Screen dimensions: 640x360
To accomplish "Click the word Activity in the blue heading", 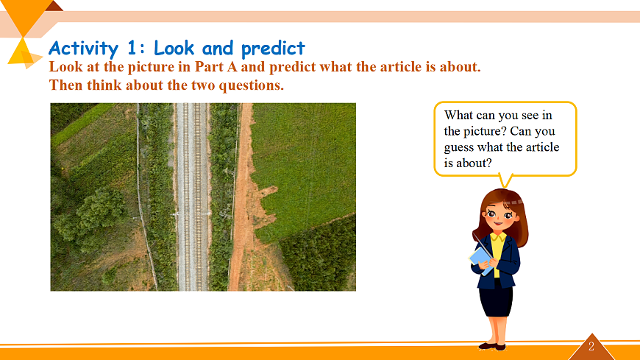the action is tap(83, 49).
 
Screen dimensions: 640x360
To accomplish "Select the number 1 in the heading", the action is tap(132, 48).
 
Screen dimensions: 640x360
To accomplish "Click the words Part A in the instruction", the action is tap(216, 66).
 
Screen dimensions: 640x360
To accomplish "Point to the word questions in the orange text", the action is tap(251, 85).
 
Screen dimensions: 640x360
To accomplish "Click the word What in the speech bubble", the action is tap(458, 116).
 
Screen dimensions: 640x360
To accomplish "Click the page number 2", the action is tap(591, 347).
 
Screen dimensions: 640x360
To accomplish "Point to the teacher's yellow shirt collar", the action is tap(498, 237).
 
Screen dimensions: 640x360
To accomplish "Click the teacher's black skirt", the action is tap(496, 300).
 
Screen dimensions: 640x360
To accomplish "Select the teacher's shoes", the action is tap(492, 347).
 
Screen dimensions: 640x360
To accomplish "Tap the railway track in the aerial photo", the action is tap(192, 197).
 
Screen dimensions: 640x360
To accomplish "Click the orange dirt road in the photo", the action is tap(241, 197).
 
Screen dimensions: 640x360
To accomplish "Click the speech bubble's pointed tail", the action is tap(505, 181).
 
